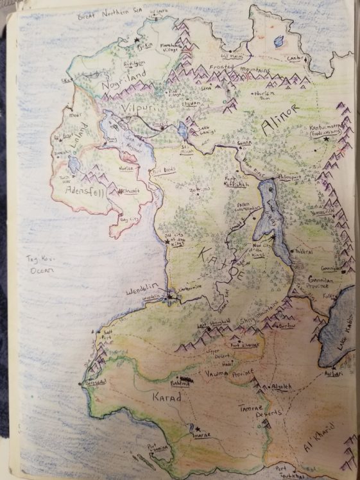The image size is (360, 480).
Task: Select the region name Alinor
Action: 276,127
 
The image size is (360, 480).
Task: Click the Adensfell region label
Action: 81,190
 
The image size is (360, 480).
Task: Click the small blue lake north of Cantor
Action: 278,41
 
